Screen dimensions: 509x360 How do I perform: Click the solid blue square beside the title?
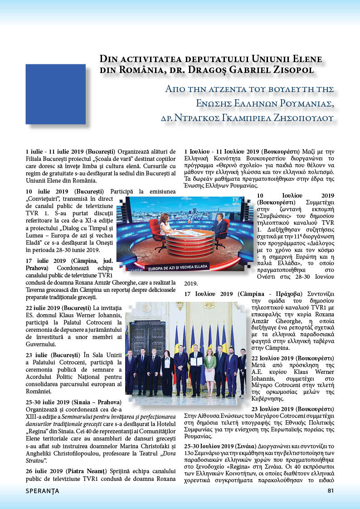pos(55,94)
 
